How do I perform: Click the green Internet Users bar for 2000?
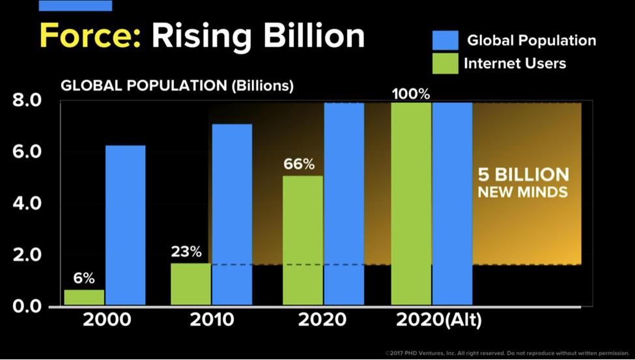coord(84,298)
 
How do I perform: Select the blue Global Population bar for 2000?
coord(125,225)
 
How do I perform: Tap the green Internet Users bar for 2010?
coord(191,284)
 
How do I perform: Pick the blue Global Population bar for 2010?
coord(232,214)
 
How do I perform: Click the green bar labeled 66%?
coord(303,240)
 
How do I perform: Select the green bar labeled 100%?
coord(411,203)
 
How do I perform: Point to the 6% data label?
coord(83,278)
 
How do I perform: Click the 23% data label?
coord(187,251)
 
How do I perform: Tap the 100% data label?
coord(411,94)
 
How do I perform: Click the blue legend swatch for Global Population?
coord(445,40)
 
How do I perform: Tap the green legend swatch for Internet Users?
coord(445,63)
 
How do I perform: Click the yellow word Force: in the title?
coord(90,36)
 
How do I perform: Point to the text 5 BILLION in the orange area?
coord(524,175)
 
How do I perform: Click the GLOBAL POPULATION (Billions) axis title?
coord(177,85)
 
